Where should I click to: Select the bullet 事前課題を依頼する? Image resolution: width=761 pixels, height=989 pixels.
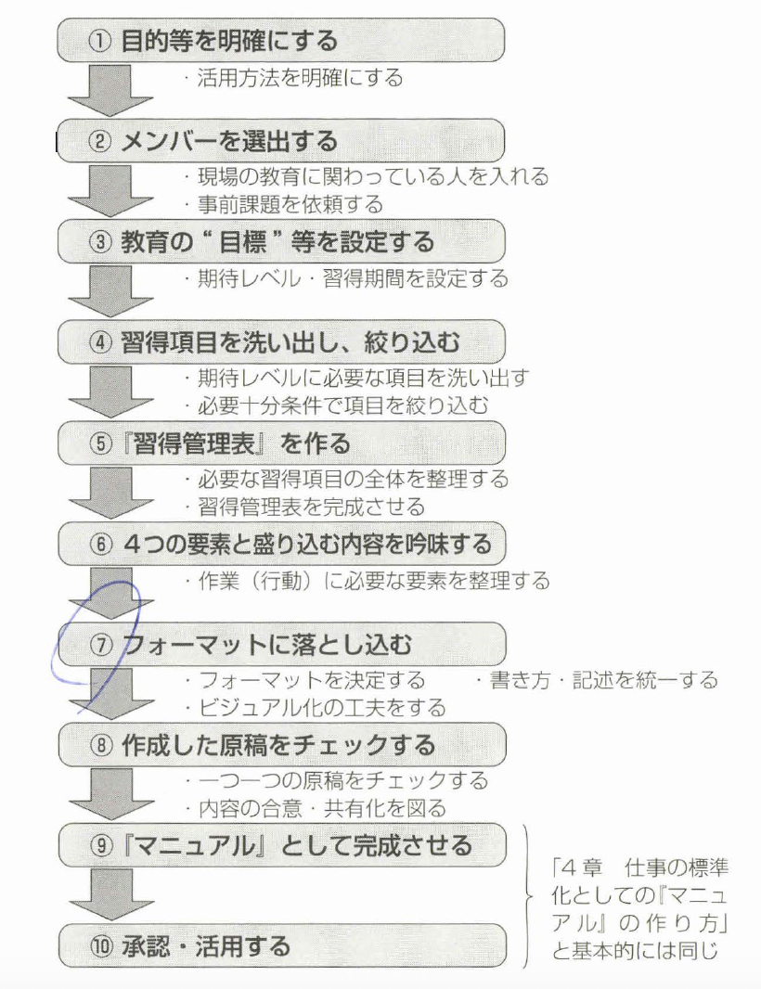point(289,202)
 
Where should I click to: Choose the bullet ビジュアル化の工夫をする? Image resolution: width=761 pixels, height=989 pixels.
point(320,707)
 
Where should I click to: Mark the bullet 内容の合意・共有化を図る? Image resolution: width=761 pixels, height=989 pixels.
point(320,807)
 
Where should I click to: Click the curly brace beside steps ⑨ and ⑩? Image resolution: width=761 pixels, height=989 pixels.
point(530,895)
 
